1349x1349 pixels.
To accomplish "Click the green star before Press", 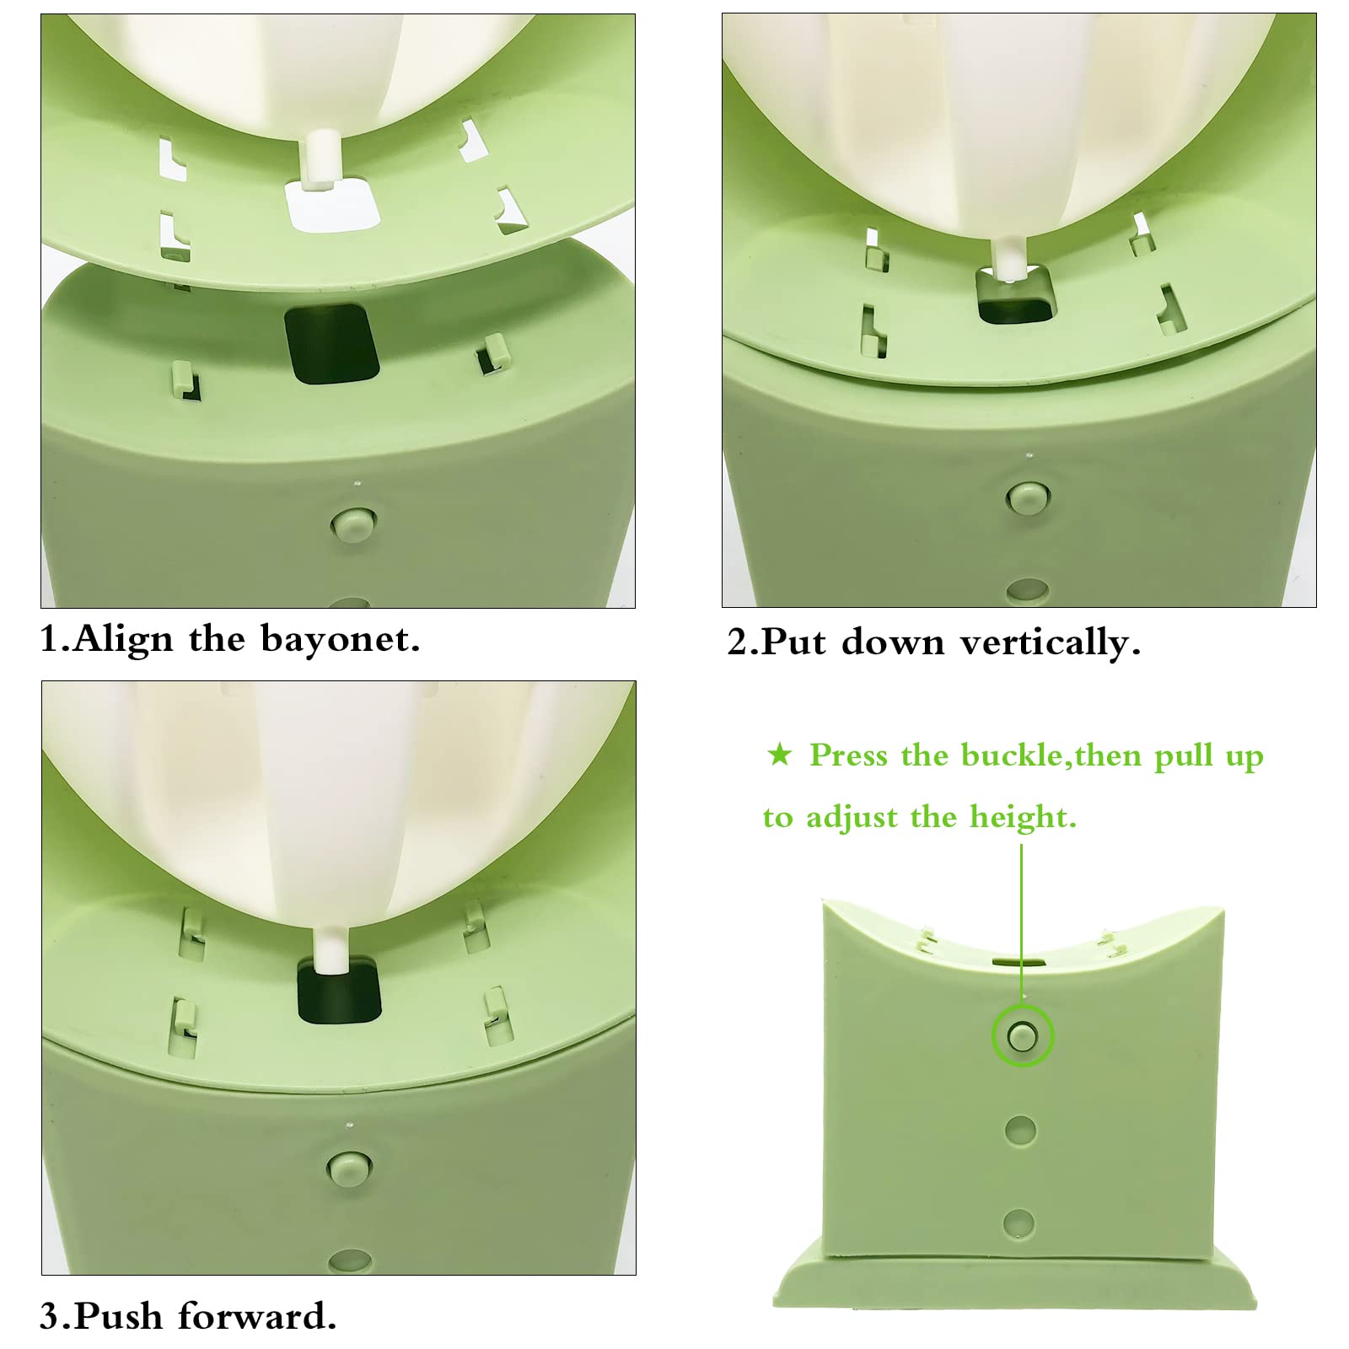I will (x=780, y=754).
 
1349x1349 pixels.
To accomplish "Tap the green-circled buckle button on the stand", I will (x=1022, y=1036).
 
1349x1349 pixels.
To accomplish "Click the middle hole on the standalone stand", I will (x=1020, y=1131).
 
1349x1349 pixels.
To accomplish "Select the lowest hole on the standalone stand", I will (x=1018, y=1223).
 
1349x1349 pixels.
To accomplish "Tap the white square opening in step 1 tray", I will (x=330, y=205).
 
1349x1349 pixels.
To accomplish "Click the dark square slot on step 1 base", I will (x=331, y=344).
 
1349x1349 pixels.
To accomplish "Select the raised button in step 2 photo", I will (x=1027, y=497).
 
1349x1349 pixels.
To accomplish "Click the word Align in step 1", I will (x=124, y=640).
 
